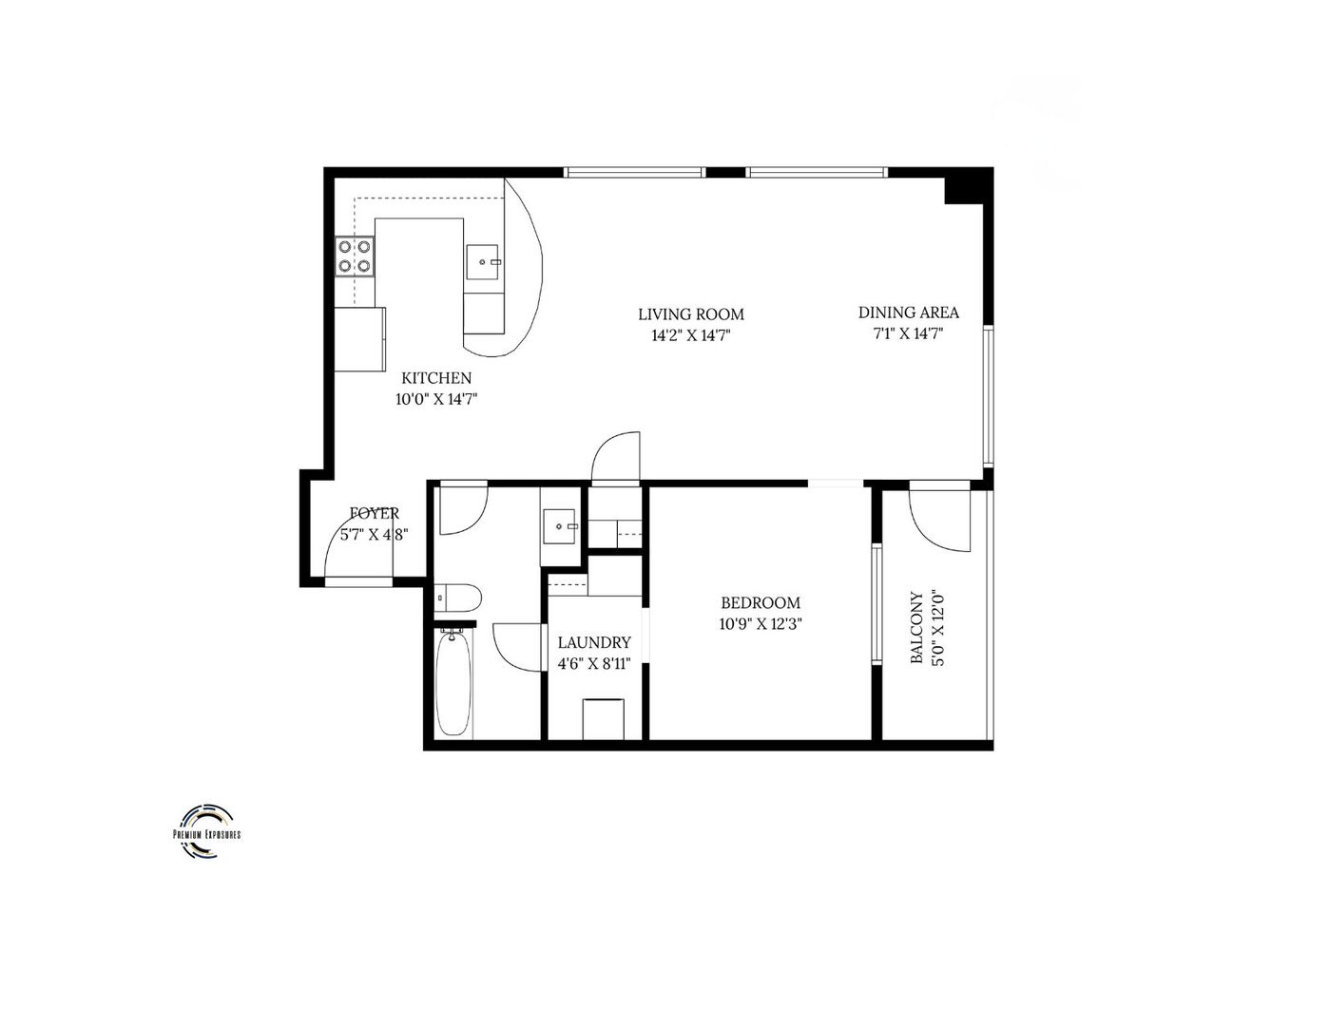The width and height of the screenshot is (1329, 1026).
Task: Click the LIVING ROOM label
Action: click(x=690, y=314)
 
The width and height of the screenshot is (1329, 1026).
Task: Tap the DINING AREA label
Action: click(x=908, y=313)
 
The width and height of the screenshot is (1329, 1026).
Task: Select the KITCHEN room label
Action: click(x=435, y=378)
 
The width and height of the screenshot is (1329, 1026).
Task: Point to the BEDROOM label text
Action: click(x=760, y=602)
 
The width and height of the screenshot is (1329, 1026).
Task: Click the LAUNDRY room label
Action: click(x=593, y=642)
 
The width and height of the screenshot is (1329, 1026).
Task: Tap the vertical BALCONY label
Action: click(x=917, y=628)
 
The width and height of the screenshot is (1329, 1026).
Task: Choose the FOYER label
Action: click(x=375, y=513)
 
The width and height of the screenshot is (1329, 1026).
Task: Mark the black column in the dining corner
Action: click(x=963, y=186)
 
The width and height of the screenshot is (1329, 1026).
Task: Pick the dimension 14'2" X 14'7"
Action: click(x=690, y=335)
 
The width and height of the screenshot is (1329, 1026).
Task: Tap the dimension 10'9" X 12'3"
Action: click(x=760, y=624)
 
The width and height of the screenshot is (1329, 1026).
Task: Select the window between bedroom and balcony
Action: click(x=876, y=604)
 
